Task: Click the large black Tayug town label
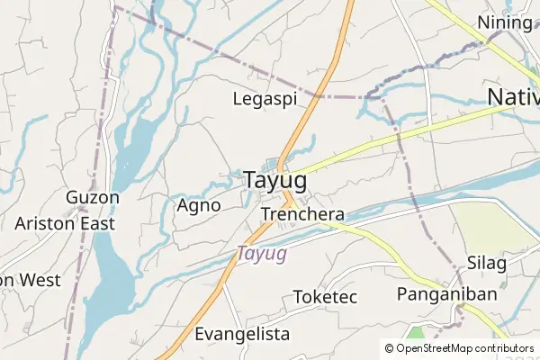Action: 274,181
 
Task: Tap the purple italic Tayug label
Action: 262,254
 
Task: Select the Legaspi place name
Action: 265,99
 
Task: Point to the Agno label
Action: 199,205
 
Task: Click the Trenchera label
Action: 302,214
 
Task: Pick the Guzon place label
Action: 92,197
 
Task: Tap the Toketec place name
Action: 326,297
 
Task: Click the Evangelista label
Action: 242,334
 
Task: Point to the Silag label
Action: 487,263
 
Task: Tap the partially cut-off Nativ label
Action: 513,96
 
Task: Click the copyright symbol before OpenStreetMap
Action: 389,347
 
